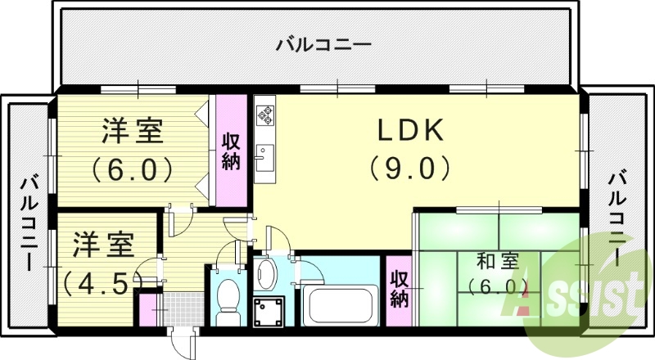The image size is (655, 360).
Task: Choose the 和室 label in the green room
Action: click(x=497, y=262)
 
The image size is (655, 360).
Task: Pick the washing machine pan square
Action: click(x=268, y=312)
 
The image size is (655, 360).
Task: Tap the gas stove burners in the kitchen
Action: click(x=265, y=115)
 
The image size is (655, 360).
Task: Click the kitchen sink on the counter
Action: click(x=264, y=156)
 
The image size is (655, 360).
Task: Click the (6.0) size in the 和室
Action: click(x=497, y=286)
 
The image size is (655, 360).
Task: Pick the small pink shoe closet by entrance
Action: click(x=147, y=309)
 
